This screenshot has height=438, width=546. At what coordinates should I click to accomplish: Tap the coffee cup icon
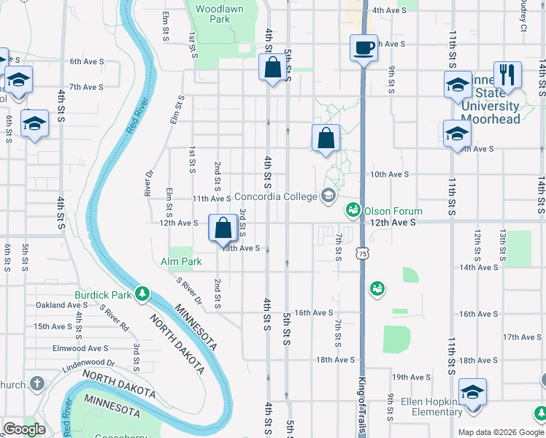coord(364,48)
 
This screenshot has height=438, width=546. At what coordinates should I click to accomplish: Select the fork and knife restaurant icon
coord(507,74)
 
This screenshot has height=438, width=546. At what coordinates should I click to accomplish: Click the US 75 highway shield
coord(363,253)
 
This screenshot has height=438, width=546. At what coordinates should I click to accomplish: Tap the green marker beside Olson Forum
coord(353,210)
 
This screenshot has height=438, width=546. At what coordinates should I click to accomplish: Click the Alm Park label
coord(180,261)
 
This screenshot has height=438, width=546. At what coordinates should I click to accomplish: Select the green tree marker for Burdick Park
coord(143,294)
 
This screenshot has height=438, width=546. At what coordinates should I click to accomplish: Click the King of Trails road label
coord(363,401)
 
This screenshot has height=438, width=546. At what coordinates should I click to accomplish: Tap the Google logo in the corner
coord(24,429)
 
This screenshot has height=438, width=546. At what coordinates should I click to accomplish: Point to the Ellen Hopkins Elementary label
coord(428,407)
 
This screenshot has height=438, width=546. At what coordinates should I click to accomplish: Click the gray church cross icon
coord(38,384)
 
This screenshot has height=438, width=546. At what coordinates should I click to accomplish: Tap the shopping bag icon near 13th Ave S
coord(223,227)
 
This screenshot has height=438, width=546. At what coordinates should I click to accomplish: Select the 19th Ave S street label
coord(411,377)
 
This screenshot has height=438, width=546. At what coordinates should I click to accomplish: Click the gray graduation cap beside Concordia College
coord(328,196)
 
